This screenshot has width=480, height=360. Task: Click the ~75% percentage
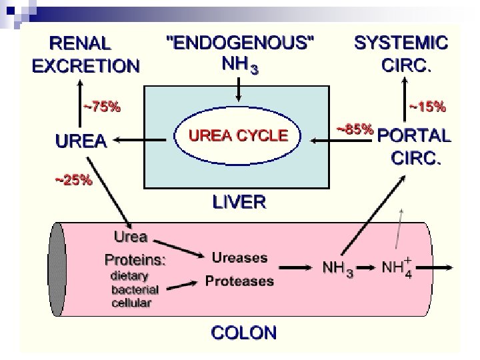[101, 105]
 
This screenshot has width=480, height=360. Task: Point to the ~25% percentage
[73, 179]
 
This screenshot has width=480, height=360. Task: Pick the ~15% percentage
[427, 105]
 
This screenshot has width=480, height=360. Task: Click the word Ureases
[239, 257]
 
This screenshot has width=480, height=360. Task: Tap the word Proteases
[239, 281]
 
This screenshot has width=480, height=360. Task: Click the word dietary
[129, 276]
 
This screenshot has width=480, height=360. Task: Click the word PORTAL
[414, 135]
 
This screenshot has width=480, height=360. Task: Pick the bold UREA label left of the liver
[81, 141]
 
